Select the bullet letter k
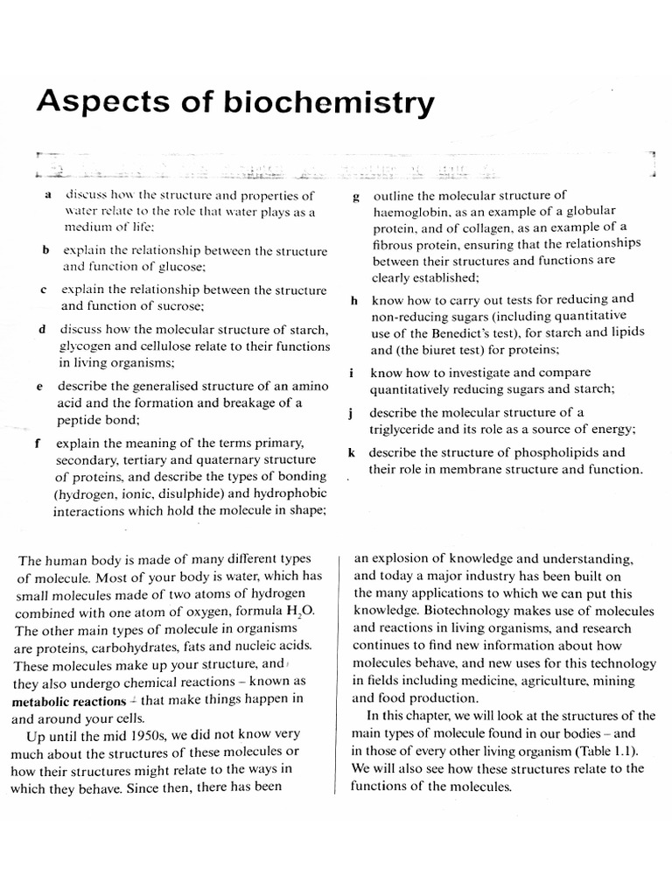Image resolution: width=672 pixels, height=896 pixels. point(351,453)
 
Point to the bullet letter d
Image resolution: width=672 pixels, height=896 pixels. point(42,330)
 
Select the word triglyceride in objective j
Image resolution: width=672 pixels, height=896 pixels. point(409,429)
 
